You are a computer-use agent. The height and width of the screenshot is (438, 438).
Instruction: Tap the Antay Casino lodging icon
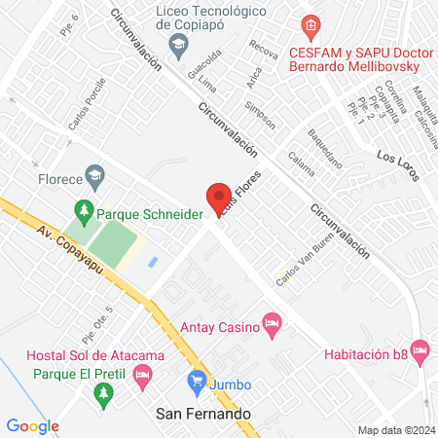[x=272, y=322]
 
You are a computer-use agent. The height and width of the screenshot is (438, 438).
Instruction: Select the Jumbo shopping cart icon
[x=195, y=381]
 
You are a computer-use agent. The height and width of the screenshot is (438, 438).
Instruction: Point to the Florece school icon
[x=94, y=177]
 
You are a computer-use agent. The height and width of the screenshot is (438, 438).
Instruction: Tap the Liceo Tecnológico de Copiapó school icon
[x=178, y=43]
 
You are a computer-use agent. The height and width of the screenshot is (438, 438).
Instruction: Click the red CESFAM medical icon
[x=310, y=25]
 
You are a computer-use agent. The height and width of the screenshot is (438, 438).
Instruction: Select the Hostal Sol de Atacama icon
[x=144, y=374]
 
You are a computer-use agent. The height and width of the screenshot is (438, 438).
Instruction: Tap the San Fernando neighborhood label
[x=203, y=413]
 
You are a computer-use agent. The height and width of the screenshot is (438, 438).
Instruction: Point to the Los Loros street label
[x=397, y=165]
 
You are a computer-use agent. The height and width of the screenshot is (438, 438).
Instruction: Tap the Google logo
[x=32, y=425]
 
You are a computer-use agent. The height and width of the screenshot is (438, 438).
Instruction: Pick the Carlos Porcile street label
[x=86, y=106]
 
